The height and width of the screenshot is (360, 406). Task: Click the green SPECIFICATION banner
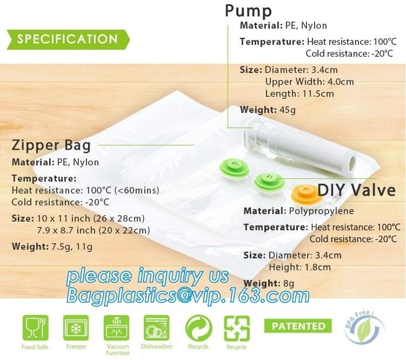pyautogui.click(x=67, y=39)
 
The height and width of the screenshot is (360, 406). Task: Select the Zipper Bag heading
pyautogui.click(x=51, y=145)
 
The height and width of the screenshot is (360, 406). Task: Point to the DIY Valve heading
pyautogui.click(x=356, y=190)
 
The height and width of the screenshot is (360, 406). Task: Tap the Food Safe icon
pyautogui.click(x=35, y=328)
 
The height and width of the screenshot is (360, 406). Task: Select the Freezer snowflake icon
pyautogui.click(x=76, y=328)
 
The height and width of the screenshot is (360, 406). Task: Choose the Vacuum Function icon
pyautogui.click(x=117, y=328)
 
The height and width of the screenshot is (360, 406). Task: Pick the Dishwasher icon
pyautogui.click(x=157, y=328)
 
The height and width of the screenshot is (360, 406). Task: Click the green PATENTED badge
pyautogui.click(x=298, y=326)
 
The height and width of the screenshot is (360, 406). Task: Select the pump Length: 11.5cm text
pyautogui.click(x=299, y=94)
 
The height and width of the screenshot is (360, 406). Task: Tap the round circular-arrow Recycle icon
pyautogui.click(x=198, y=328)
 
